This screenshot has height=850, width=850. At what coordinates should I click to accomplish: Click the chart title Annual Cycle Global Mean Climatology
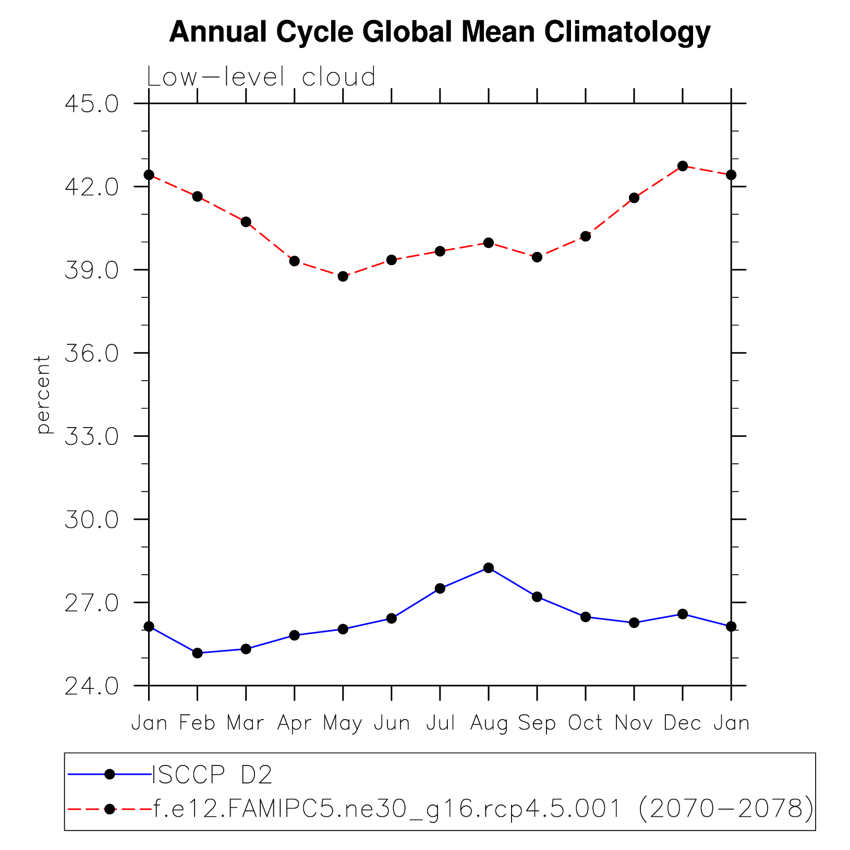tap(440, 32)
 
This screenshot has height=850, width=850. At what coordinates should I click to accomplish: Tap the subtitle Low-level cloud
tap(261, 77)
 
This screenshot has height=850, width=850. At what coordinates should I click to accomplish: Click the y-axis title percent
tap(43, 394)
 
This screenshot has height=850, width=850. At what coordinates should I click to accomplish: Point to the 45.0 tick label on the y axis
tap(92, 104)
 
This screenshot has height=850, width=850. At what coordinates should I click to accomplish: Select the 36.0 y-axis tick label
tap(92, 353)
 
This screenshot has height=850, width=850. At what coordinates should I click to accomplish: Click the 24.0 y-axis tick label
tap(92, 686)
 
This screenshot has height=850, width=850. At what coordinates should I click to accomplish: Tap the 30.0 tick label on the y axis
tap(92, 520)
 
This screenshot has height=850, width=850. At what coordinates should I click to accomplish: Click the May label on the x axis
tap(343, 723)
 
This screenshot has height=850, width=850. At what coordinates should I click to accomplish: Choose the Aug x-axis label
tap(489, 723)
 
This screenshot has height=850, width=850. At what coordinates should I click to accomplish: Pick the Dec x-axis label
tap(682, 723)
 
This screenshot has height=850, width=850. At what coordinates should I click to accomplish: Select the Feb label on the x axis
tap(197, 723)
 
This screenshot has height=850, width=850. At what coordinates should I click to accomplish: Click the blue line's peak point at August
tap(489, 568)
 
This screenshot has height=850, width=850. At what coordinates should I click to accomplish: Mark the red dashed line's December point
tap(683, 166)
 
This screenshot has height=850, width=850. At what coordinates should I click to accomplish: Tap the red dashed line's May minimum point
tap(343, 276)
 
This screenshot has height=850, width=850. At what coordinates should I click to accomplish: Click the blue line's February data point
tap(197, 653)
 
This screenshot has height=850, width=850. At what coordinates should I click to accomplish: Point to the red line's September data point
tap(537, 257)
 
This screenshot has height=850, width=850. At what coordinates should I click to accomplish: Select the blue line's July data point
tap(440, 588)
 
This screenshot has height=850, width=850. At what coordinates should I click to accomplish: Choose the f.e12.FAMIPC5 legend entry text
tap(483, 809)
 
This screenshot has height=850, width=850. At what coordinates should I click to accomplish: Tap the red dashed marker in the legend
tap(110, 809)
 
